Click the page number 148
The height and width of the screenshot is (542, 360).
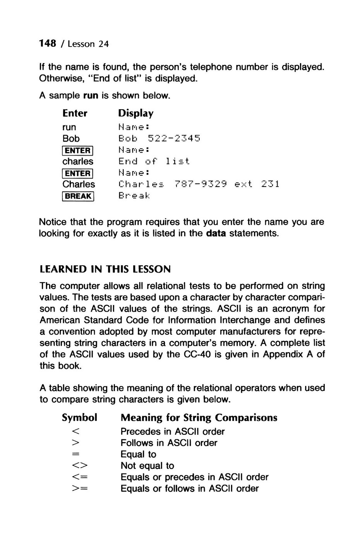pyautogui.click(x=49, y=43)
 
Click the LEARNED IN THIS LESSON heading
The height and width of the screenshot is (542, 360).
pyautogui.click(x=105, y=269)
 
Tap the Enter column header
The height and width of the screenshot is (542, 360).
pyautogui.click(x=75, y=113)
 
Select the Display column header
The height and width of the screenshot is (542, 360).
pyautogui.click(x=135, y=113)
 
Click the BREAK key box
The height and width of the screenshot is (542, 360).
pyautogui.click(x=78, y=196)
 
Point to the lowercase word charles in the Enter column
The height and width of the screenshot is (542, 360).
pyautogui.click(x=77, y=161)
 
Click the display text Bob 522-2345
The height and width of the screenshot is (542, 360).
pyautogui.click(x=159, y=138)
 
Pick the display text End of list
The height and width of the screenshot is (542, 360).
pyautogui.click(x=154, y=161)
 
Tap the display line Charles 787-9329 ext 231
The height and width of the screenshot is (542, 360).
pyautogui.click(x=199, y=184)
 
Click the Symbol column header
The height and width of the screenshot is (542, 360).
pyautogui.click(x=79, y=417)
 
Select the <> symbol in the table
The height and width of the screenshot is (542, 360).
pyautogui.click(x=79, y=466)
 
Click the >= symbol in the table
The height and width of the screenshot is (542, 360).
pyautogui.click(x=79, y=489)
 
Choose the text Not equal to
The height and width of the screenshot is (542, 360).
pyautogui.click(x=147, y=466)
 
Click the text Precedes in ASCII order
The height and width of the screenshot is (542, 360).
pyautogui.click(x=172, y=431)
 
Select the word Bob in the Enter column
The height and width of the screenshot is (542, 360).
pyautogui.click(x=71, y=138)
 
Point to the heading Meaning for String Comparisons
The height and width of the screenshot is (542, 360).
pyautogui.click(x=199, y=417)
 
